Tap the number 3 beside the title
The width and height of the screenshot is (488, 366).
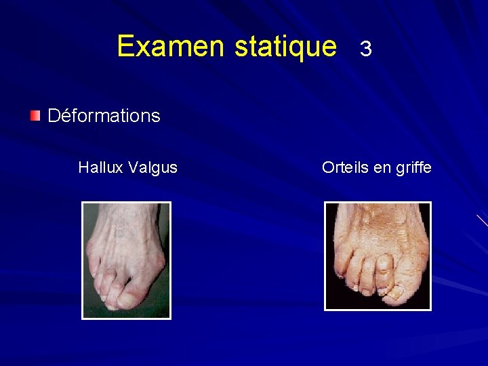pos(366,49)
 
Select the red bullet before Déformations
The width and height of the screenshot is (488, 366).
pos(35,115)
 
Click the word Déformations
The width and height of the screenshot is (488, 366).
pos(104,116)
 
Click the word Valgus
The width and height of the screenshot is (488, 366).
pos(153,168)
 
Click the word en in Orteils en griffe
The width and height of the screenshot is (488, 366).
pos(382,168)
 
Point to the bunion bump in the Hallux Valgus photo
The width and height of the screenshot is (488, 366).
pos(159,262)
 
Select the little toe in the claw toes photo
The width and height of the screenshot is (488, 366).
pos(335,268)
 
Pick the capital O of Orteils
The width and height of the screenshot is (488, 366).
pos(327,167)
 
